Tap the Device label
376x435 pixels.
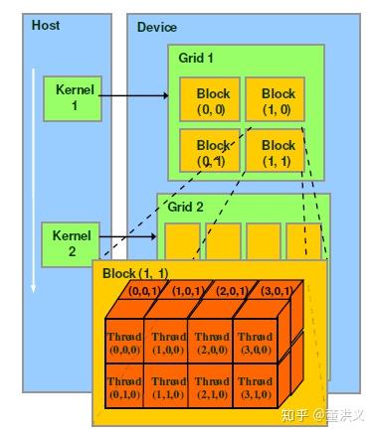[157, 26]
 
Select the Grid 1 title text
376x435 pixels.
[197, 58]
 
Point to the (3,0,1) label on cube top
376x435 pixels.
[278, 292]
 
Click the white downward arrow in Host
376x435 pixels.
[32, 179]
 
